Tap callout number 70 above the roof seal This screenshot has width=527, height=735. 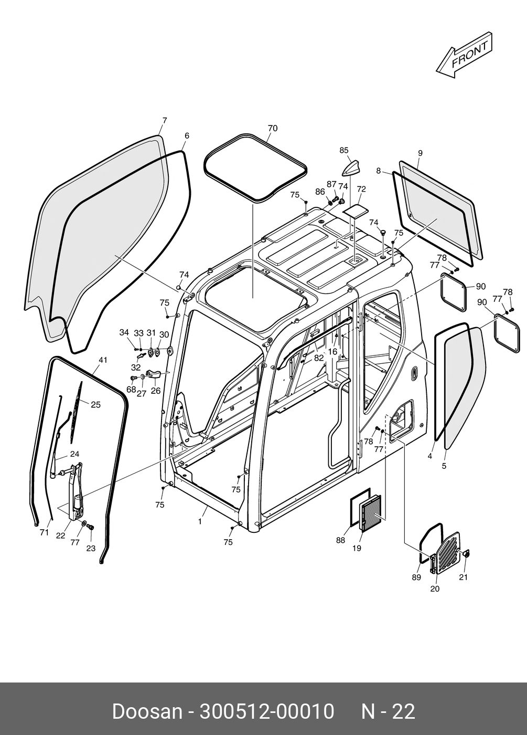tap(272, 129)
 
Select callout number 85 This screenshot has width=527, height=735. tap(344, 150)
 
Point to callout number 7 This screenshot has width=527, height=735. tap(164, 121)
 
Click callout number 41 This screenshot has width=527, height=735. tap(103, 360)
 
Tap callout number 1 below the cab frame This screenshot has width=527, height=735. tap(200, 522)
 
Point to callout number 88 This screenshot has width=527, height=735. tap(340, 540)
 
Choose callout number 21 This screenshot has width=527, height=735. tap(463, 577)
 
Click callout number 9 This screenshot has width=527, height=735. tap(420, 153)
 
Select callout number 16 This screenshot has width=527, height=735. tap(332, 352)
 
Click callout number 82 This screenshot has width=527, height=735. tap(319, 358)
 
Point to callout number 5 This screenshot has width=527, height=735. tap(444, 466)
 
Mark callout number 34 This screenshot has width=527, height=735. tap(124, 332)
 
